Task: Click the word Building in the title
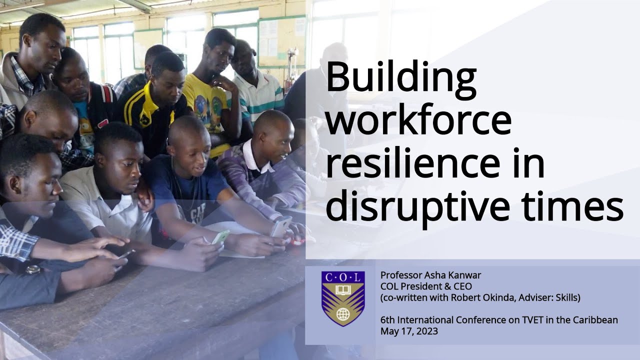click(401, 79)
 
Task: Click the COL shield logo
click(342, 298)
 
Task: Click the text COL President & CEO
click(426, 286)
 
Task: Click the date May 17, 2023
click(409, 331)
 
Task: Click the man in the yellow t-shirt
click(210, 100)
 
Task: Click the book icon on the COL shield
click(342, 289)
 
